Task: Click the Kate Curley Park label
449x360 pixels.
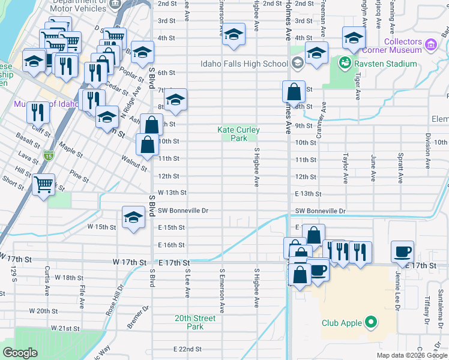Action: [239, 134]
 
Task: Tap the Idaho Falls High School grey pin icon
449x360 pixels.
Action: [297, 64]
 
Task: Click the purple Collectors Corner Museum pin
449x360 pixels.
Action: [430, 44]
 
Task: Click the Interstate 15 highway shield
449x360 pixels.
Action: [48, 156]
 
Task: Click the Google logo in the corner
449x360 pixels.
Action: [20, 353]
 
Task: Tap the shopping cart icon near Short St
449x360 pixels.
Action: [43, 184]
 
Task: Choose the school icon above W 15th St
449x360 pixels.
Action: [133, 217]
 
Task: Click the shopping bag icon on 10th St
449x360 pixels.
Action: [148, 143]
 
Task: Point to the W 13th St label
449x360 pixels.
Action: [173, 193]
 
